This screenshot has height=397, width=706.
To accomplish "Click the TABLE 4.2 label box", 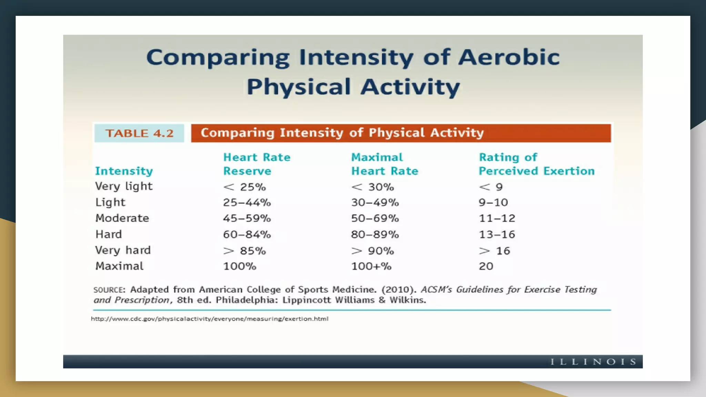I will tap(139, 133).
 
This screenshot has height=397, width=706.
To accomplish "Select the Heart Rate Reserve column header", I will tap(256, 164).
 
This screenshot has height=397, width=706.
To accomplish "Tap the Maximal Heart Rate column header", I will tap(384, 164).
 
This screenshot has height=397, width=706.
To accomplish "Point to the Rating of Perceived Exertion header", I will tap(536, 164).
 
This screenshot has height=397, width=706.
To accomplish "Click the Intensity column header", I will tap(124, 171).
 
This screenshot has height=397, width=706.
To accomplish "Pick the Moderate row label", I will tap(122, 218).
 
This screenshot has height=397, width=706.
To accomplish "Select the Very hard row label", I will tap(123, 250).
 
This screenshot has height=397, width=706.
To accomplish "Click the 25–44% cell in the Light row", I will tap(247, 202).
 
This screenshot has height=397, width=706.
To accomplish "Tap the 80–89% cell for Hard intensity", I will tap(375, 234).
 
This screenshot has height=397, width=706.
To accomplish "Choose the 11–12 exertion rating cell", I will tap(497, 218).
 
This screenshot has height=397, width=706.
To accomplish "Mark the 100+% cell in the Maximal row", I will tap(371, 266).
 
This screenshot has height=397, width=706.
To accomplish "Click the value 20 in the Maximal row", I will tap(486, 266).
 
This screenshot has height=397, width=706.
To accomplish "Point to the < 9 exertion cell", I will tap(491, 187).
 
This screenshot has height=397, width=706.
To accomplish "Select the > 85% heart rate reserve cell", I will tap(244, 251).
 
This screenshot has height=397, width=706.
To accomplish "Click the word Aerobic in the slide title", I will tap(508, 57).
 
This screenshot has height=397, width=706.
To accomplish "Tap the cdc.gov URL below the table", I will tap(210, 319).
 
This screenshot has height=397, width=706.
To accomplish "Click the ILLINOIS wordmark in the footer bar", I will tap(593, 362).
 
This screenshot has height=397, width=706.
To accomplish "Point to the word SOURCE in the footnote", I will tap(109, 290).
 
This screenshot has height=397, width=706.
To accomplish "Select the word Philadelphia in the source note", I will tap(246, 300).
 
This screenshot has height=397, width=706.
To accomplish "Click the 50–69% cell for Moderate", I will tap(375, 218).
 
